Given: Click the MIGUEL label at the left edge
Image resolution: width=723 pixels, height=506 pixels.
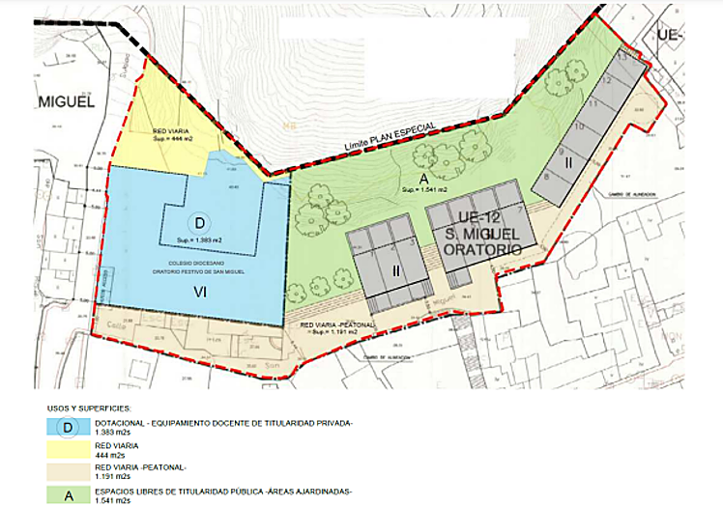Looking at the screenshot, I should point(67,102).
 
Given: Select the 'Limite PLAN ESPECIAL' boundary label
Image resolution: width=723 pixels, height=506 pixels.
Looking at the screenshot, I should point(395,135).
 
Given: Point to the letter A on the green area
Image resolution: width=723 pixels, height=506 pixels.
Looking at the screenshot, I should point(422,177).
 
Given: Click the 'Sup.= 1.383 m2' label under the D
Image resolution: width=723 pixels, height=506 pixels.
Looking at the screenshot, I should point(200,239).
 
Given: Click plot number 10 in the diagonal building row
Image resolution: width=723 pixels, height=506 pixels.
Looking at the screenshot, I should point(578,126).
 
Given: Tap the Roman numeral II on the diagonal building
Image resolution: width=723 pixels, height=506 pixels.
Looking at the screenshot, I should point(569,163).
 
